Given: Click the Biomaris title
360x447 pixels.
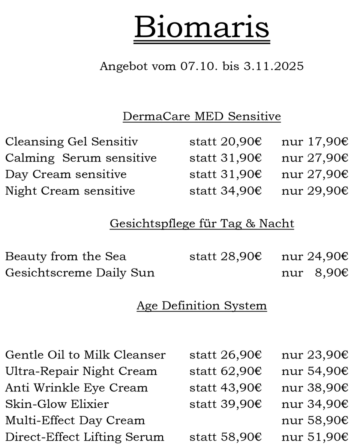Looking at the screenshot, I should pyautogui.click(x=202, y=27).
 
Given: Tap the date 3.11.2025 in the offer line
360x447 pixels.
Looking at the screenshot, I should pyautogui.click(x=273, y=66).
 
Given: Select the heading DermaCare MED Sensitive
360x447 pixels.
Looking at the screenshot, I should pyautogui.click(x=202, y=116).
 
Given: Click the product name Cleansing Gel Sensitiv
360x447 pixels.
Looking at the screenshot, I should pyautogui.click(x=72, y=142).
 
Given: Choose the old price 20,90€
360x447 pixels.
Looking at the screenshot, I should pyautogui.click(x=240, y=142).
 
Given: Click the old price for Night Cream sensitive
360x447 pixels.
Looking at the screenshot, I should pyautogui.click(x=240, y=191).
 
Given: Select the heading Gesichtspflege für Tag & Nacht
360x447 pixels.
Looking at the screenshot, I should pyautogui.click(x=202, y=223).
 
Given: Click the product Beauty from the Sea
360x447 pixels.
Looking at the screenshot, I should pyautogui.click(x=66, y=256).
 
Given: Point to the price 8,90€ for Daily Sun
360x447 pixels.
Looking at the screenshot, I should pyautogui.click(x=331, y=273).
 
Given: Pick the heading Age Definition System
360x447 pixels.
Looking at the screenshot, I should pyautogui.click(x=202, y=306).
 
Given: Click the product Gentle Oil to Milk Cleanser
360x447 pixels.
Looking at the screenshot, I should pyautogui.click(x=85, y=355).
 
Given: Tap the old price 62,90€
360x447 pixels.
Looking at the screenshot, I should pyautogui.click(x=240, y=371).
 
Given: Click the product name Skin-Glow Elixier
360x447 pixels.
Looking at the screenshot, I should pyautogui.click(x=57, y=404).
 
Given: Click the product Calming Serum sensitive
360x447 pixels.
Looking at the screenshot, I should pyautogui.click(x=81, y=158).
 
